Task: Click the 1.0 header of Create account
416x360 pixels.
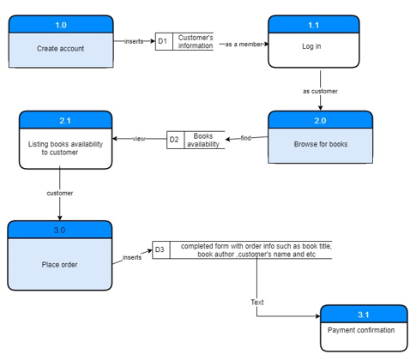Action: (x=61, y=25)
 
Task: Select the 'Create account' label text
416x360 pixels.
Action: (x=61, y=49)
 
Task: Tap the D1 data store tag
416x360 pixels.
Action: (x=163, y=41)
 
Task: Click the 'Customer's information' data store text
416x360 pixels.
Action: (x=196, y=41)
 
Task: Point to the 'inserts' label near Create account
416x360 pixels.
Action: (x=134, y=41)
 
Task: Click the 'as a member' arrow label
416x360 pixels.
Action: (x=243, y=43)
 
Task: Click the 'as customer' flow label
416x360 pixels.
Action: (x=320, y=91)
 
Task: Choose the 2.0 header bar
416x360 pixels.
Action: (x=320, y=120)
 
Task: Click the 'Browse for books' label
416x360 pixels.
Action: (x=320, y=144)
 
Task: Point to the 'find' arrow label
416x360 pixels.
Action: (x=245, y=138)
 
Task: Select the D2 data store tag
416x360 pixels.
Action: (x=174, y=139)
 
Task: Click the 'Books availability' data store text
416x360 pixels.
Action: (x=203, y=140)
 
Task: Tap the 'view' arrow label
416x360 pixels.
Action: (x=138, y=139)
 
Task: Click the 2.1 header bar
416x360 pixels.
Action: (x=66, y=121)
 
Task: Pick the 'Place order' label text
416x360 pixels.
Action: (x=60, y=264)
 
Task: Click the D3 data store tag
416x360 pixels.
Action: (x=160, y=250)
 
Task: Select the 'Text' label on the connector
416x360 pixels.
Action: (x=257, y=302)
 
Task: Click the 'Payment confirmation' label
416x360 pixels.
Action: (x=361, y=330)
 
